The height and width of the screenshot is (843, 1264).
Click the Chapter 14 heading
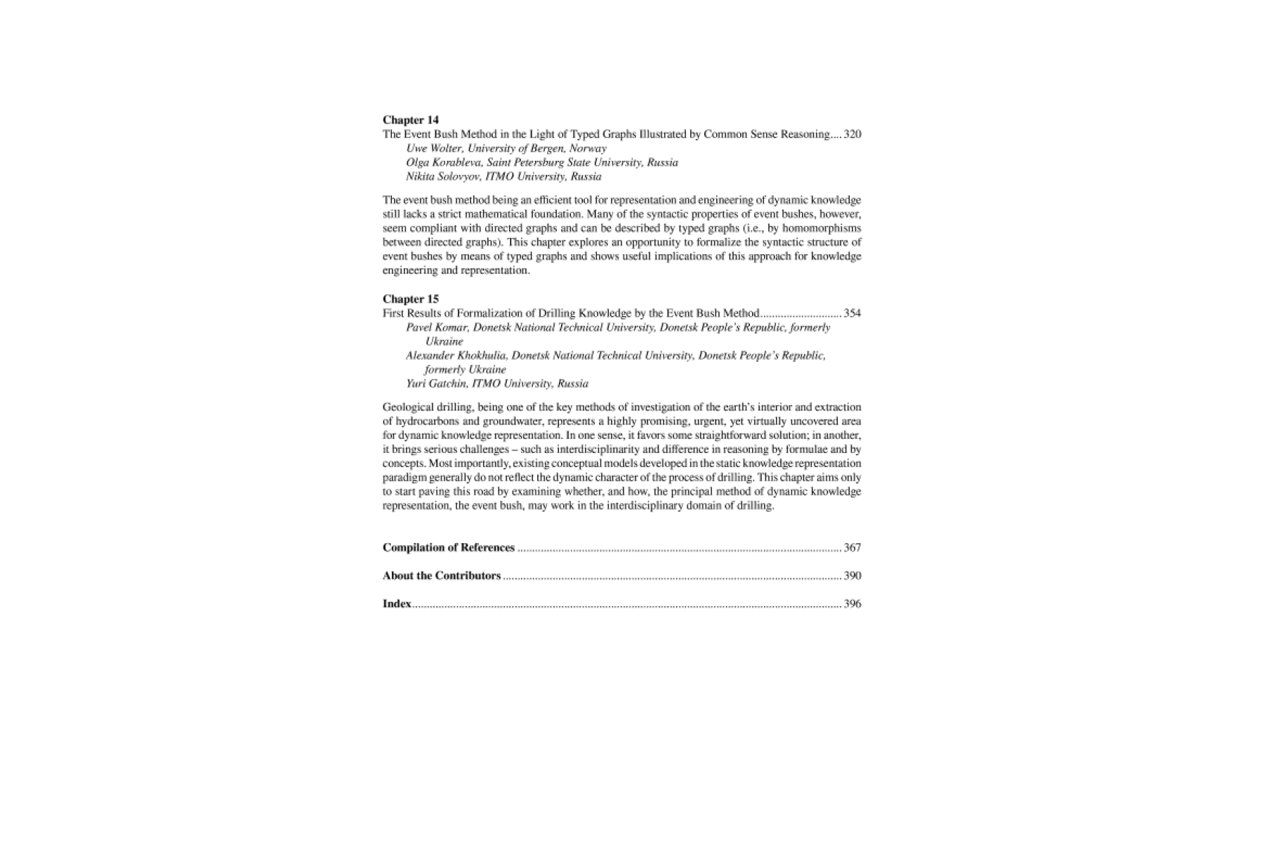[x=410, y=120]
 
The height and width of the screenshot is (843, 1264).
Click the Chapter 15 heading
[x=410, y=299]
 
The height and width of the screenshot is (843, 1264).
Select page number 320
[x=852, y=134]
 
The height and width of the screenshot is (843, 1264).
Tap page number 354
[x=852, y=313]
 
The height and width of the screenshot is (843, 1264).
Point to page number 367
[x=852, y=548]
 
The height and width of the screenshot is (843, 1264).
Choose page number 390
[x=852, y=576]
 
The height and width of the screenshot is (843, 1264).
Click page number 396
[x=852, y=604]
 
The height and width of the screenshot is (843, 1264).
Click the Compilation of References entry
[x=448, y=548]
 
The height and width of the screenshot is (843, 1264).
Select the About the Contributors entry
[x=441, y=576]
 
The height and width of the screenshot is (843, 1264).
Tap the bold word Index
[x=397, y=604]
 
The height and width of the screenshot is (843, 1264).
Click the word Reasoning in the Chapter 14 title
[x=807, y=134]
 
